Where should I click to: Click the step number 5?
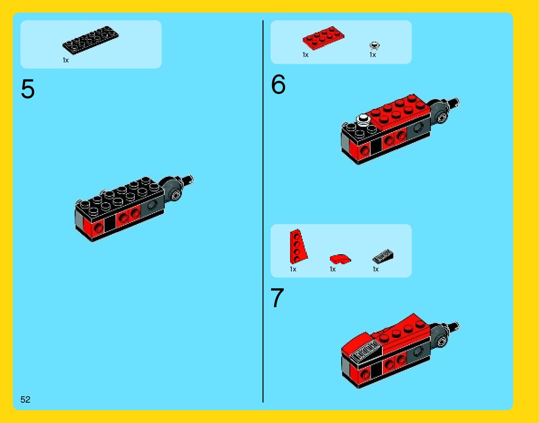(x=28, y=89)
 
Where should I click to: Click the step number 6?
(x=278, y=84)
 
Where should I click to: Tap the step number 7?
(x=277, y=298)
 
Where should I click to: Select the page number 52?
(x=25, y=399)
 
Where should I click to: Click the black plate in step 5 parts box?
(x=91, y=40)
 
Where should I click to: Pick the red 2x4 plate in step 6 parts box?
(x=323, y=38)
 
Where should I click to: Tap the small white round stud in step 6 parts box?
(x=374, y=46)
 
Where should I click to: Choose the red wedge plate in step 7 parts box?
(x=298, y=247)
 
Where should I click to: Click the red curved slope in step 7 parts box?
(x=340, y=259)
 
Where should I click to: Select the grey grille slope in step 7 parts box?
(x=382, y=257)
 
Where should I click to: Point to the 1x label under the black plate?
(x=66, y=61)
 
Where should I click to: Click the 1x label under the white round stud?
(x=372, y=55)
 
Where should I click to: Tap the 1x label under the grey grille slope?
(x=376, y=269)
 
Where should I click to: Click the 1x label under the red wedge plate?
(x=293, y=269)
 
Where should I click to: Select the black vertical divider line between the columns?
(x=263, y=211)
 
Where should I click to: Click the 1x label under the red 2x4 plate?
(x=305, y=55)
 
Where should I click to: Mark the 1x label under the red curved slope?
(x=333, y=269)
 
